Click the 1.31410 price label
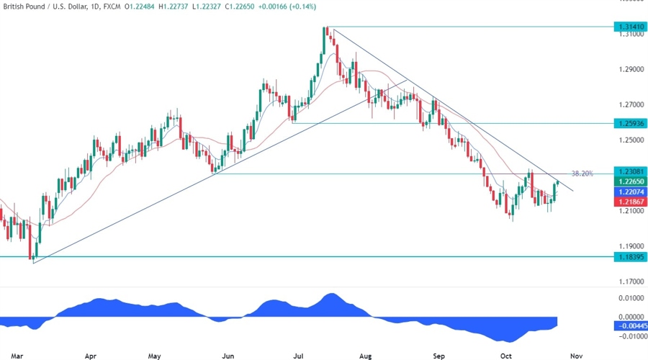(x=629, y=27)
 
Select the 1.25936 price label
(x=629, y=124)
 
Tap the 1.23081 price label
(x=629, y=172)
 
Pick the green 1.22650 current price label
(x=629, y=182)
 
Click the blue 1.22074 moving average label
(x=629, y=193)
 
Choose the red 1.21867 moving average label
(x=629, y=204)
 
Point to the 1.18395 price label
(x=629, y=256)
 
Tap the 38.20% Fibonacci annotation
(x=582, y=174)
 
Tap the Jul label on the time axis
(x=298, y=356)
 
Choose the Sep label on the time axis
(x=439, y=356)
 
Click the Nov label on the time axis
(x=575, y=356)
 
